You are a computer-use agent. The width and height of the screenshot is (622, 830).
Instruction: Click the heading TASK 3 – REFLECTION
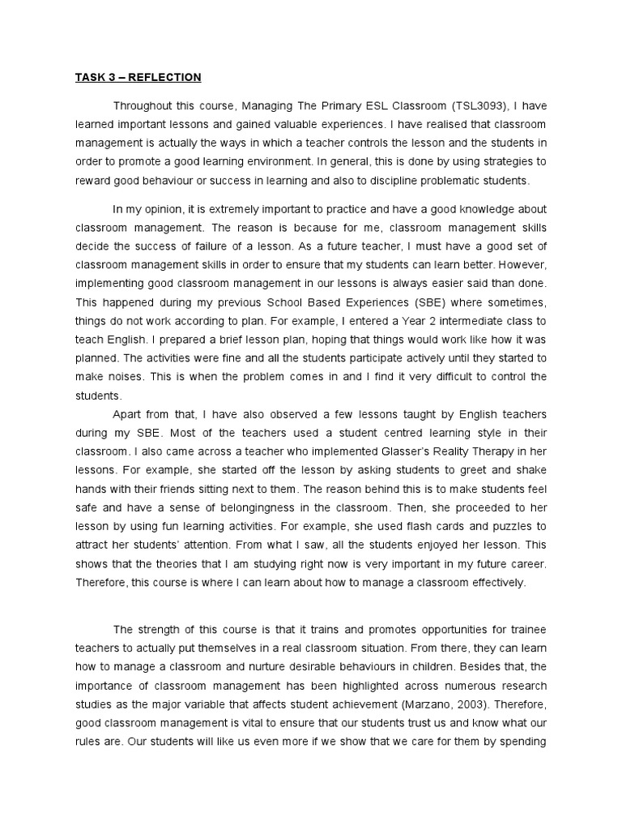tap(138, 78)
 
